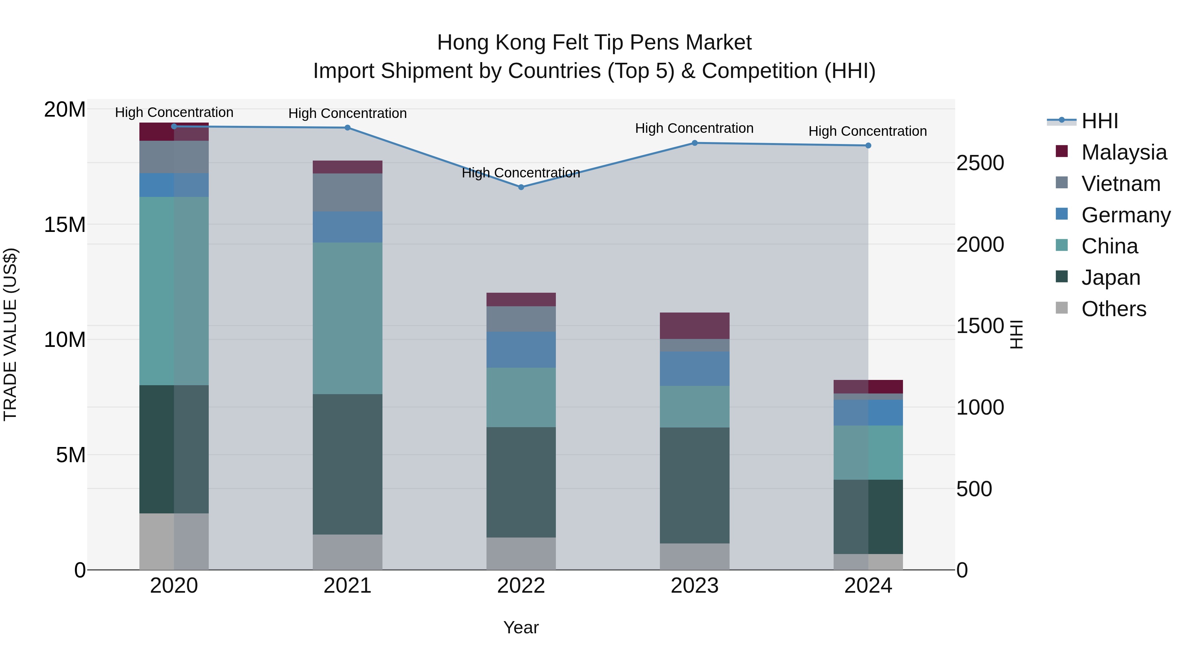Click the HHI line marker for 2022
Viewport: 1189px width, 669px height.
point(521,187)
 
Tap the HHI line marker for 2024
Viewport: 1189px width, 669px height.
point(868,145)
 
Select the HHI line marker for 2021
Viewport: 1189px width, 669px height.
point(347,128)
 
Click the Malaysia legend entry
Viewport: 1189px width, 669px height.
point(1124,152)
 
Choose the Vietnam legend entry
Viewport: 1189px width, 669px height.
point(1120,184)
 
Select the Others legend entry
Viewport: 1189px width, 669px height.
point(1113,309)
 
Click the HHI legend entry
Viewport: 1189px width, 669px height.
point(1099,121)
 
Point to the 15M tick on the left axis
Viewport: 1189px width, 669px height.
point(65,225)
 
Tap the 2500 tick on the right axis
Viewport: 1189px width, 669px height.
point(980,163)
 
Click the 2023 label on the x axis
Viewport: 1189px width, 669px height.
point(694,586)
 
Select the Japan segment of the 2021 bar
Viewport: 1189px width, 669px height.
point(347,464)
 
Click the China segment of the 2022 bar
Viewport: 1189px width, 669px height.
point(521,397)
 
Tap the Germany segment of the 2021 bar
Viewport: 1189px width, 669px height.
point(347,227)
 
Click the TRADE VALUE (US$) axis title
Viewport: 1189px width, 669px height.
point(10,334)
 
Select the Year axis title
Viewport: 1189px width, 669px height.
point(521,627)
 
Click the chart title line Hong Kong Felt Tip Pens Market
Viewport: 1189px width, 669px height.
point(594,43)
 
